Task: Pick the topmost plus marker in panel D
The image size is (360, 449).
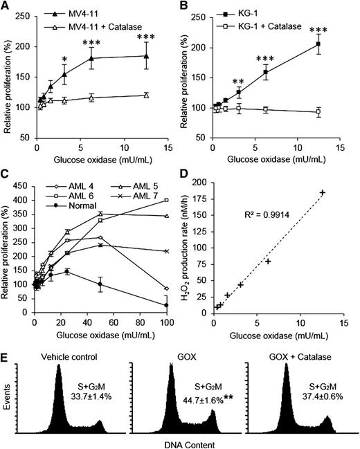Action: click(322, 192)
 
